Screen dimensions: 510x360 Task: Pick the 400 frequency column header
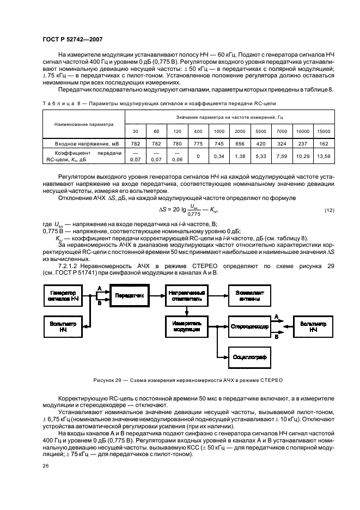[x=198, y=132]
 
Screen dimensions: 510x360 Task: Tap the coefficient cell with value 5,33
[x=261, y=157]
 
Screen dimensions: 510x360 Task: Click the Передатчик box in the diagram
[x=129, y=295]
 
